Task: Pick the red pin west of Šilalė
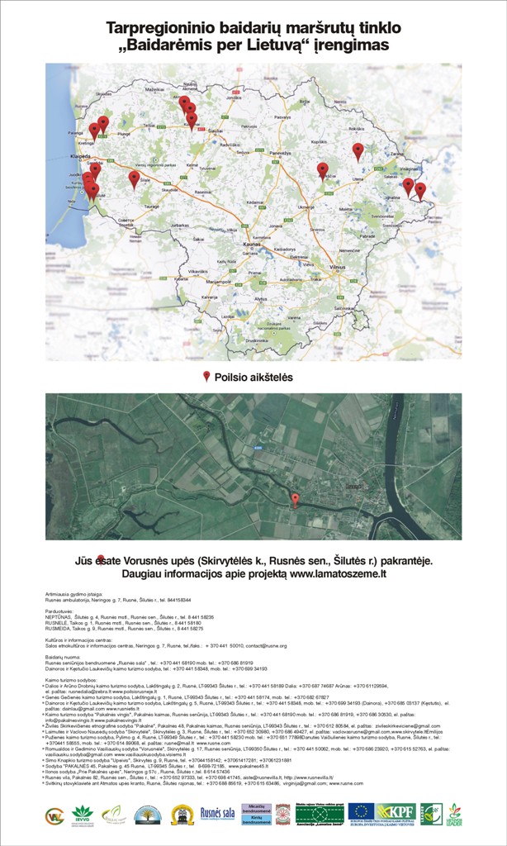(134, 178)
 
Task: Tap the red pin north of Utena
(358, 150)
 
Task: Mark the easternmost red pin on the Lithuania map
(420, 190)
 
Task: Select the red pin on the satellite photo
(295, 498)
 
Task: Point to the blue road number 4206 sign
(258, 449)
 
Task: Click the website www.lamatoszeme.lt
(338, 572)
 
